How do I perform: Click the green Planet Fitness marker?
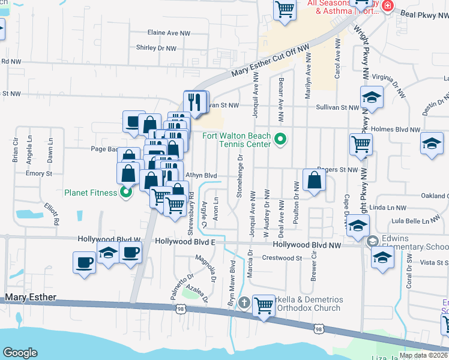coord(125,193)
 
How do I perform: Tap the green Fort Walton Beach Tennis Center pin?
coord(280,140)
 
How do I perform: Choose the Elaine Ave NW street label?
coord(169,34)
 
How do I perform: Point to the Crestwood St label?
coord(282,258)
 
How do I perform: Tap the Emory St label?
coord(39,173)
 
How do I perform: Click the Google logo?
coord(20,353)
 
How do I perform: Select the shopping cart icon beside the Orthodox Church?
coord(264,305)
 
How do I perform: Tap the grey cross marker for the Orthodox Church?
coord(243,302)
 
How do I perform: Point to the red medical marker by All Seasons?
coord(387,7)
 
